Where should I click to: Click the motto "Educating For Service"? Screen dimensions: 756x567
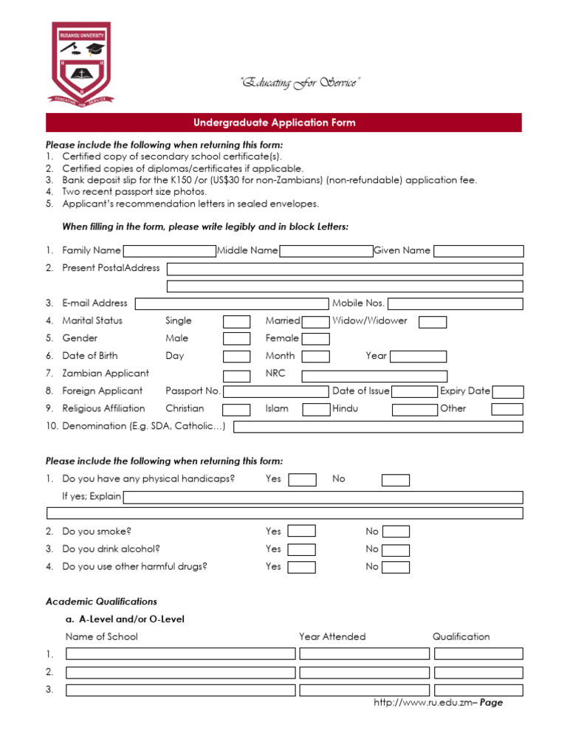[x=299, y=83]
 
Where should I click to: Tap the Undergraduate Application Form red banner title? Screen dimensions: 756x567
[x=283, y=123]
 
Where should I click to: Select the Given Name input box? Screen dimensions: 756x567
[x=478, y=251]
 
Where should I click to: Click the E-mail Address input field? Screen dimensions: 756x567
[x=231, y=303]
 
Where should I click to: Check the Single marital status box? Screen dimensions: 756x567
[x=236, y=321]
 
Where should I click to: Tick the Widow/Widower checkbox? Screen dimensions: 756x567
[x=433, y=321]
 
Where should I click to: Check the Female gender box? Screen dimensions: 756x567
[x=316, y=339]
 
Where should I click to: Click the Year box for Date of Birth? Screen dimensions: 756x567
[x=418, y=357]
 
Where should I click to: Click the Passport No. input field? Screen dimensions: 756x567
[x=275, y=391]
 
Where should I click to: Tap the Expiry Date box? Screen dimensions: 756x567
[x=508, y=392]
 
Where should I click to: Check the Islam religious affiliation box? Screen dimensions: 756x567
[x=316, y=409]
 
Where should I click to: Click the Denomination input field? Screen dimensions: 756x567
[x=378, y=427]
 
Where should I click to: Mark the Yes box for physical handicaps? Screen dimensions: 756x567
[x=302, y=480]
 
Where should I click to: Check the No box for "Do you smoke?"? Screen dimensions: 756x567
[x=396, y=532]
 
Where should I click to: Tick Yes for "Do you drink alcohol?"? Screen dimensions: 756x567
[x=302, y=550]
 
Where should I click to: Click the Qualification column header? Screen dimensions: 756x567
[x=461, y=636]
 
